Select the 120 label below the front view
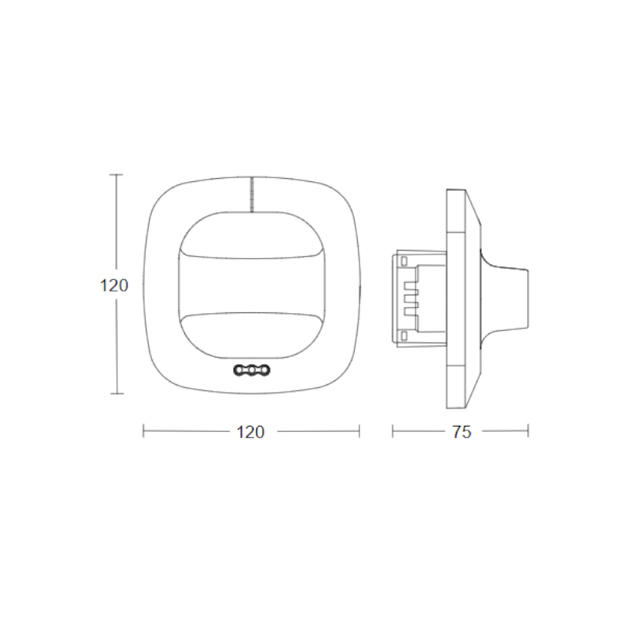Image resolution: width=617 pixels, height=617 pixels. coord(250,433)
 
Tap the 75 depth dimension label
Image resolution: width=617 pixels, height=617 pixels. coord(461,433)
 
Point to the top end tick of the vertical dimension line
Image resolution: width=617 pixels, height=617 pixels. coord(116,175)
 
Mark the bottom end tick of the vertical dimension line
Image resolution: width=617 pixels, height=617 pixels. coord(116,393)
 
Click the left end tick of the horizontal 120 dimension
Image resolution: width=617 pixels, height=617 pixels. coord(143,432)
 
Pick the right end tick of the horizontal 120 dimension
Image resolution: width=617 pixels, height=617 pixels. coord(359,432)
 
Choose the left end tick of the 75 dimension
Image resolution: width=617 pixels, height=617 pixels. coord(393,432)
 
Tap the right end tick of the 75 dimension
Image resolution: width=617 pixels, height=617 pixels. coord(528,432)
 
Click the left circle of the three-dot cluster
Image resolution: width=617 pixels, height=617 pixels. coord(239,372)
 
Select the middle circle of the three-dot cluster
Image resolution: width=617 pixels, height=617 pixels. coord(251,372)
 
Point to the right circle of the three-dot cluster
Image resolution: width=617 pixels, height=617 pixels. coord(264,372)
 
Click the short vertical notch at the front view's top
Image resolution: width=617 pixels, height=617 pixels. coord(251,193)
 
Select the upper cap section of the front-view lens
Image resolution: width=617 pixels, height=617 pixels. coord(251,231)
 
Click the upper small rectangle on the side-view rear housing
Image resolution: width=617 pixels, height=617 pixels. coord(403,261)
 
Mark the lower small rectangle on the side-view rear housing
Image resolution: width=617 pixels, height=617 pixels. coord(403,334)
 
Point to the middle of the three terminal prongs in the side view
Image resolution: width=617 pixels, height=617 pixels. coord(410,297)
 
